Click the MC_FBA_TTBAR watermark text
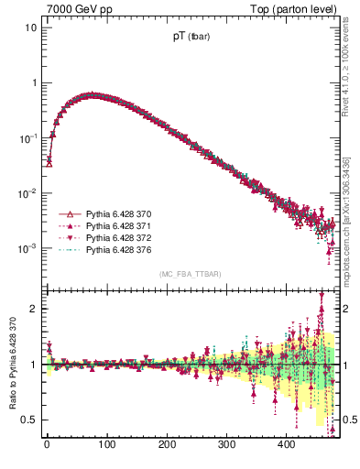pos(190,274)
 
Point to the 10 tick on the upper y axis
pos(30,27)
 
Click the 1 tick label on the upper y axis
pos(34,82)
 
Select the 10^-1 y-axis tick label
pos(28,137)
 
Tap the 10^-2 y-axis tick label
pos(28,193)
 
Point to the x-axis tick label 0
pos(47,444)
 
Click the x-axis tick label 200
pos(167,444)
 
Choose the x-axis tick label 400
pos(287,444)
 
